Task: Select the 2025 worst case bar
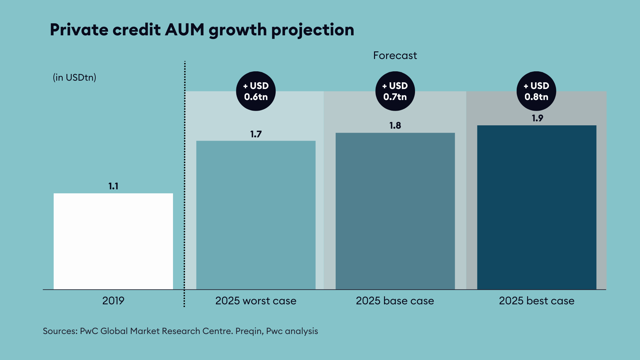point(256,215)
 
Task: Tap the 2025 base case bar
point(395,211)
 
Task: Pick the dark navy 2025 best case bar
point(537,207)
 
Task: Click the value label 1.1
point(113,186)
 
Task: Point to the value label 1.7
point(256,134)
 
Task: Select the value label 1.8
point(395,126)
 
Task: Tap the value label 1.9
point(537,118)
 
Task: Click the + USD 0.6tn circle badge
point(256,91)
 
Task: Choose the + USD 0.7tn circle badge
point(395,91)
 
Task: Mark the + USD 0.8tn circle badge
point(536,91)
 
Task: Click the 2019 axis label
point(113,301)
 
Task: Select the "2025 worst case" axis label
point(256,301)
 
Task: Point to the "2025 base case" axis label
point(395,301)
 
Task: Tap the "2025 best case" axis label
point(537,301)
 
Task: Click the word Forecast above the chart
point(395,55)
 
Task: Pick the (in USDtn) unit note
point(74,77)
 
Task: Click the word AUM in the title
point(184,30)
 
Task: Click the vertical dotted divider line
point(184,183)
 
